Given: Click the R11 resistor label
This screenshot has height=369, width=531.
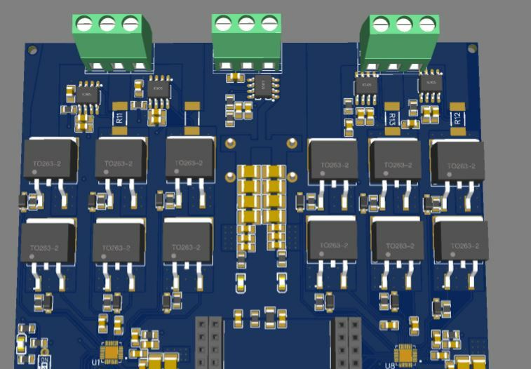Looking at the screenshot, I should pos(120,116).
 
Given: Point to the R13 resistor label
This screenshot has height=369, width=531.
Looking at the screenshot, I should pos(392,117).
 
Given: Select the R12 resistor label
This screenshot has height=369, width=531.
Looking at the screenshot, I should pos(457,117).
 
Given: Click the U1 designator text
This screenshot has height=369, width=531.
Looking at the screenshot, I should pos(96,362).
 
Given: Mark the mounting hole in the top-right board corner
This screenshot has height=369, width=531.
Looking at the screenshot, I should pos(473,49).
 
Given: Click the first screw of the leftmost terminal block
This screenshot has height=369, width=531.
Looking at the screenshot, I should pos(84,25).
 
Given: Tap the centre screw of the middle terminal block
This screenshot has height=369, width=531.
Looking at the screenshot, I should pos(246,24).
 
